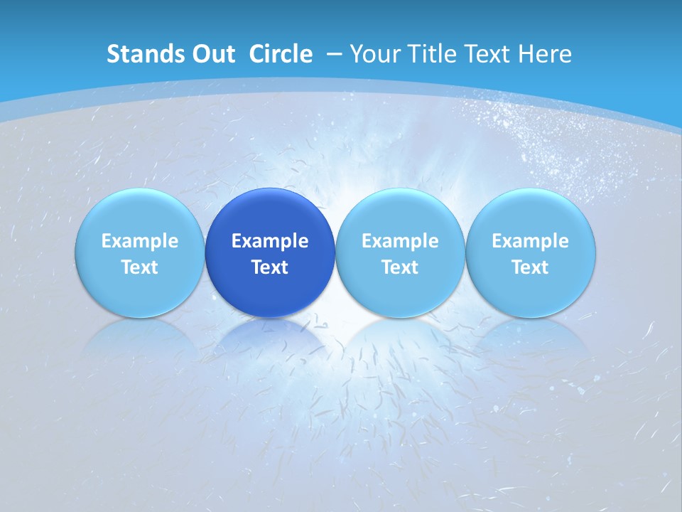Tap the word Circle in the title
click(281, 54)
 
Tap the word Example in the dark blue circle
click(270, 241)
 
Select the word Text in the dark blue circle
click(270, 267)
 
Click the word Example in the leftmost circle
click(139, 241)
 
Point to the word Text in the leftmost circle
click(139, 267)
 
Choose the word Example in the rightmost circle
click(530, 241)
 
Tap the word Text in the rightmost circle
click(530, 267)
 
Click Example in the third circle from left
click(400, 241)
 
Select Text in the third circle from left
click(400, 267)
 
